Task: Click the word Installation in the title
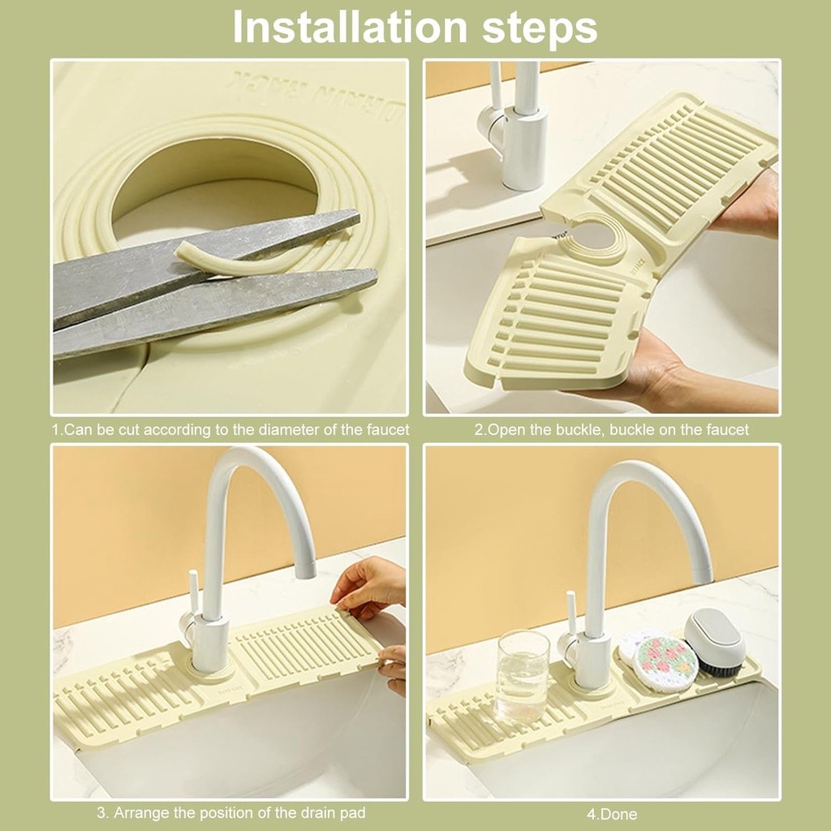tap(350, 27)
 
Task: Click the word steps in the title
tap(540, 29)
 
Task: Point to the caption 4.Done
tap(612, 813)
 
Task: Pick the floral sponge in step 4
tap(665, 661)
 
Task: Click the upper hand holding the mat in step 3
tap(369, 586)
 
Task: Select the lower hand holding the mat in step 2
tap(689, 371)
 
